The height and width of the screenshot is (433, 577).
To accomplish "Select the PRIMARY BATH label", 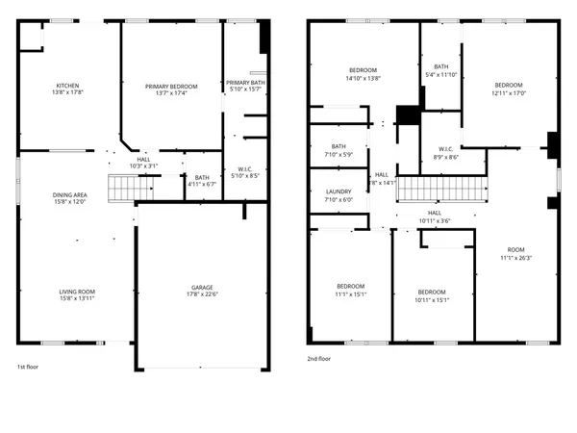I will click(244, 84).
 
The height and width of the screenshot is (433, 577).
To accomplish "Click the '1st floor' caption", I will click(28, 367).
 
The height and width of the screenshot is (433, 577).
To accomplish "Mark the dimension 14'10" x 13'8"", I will click(363, 78).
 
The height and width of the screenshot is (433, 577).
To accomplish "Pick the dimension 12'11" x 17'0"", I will click(509, 93).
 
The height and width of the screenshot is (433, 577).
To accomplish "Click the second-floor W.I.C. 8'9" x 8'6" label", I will click(445, 152).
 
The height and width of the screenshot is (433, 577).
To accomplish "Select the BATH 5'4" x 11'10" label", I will click(441, 70).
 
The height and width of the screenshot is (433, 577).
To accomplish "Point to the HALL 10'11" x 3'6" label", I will click(434, 216).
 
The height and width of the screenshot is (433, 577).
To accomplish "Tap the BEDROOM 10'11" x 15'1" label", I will click(432, 294).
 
